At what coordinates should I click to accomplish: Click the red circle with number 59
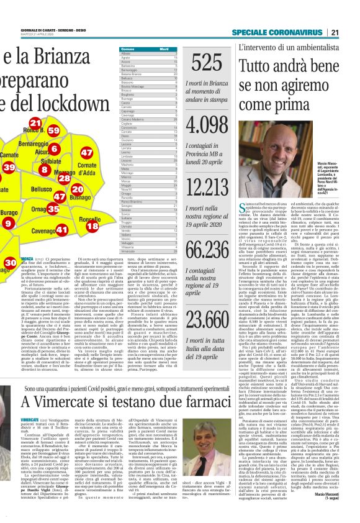(x=53, y=131)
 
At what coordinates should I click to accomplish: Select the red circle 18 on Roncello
(x=92, y=227)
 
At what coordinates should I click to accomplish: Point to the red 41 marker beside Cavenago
(x=61, y=230)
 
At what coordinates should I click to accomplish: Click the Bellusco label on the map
(x=42, y=189)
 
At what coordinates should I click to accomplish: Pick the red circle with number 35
(x=53, y=209)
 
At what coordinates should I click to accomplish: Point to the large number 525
(x=207, y=63)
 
